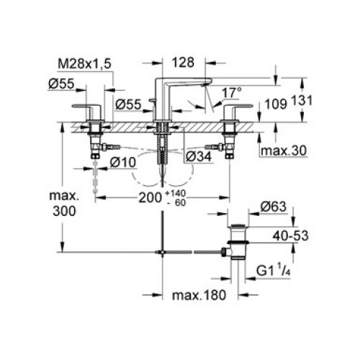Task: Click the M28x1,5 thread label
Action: [x=84, y=64]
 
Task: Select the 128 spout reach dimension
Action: [x=183, y=63]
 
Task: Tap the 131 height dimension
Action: [x=302, y=100]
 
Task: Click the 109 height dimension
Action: [x=276, y=104]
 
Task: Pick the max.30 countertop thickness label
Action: [x=284, y=150]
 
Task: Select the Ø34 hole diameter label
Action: [x=199, y=156]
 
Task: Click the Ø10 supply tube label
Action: [x=123, y=163]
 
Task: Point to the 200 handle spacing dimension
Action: [x=150, y=198]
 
